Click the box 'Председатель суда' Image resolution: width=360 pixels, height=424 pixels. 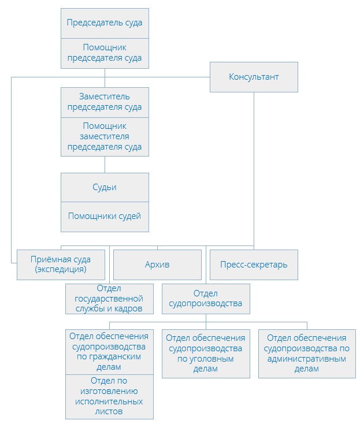click(x=105, y=23)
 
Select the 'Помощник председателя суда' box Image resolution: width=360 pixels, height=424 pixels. click(x=105, y=53)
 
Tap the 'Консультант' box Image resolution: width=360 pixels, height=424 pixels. click(x=254, y=77)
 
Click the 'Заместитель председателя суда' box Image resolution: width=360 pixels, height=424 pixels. click(x=105, y=102)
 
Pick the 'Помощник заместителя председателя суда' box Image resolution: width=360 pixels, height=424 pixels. click(x=105, y=136)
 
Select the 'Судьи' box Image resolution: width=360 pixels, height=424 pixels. click(x=105, y=187)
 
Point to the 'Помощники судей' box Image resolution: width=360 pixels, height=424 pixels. click(x=105, y=216)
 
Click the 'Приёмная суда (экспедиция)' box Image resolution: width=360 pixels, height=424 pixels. click(x=61, y=265)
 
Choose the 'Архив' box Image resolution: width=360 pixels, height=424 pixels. click(x=157, y=265)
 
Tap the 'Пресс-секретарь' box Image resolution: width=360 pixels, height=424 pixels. click(x=254, y=265)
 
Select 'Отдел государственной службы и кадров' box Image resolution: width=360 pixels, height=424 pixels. click(x=109, y=299)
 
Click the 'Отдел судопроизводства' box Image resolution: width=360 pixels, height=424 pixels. click(x=206, y=299)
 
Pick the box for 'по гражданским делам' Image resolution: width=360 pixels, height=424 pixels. click(x=109, y=351)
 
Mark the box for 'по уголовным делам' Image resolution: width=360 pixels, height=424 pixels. click(x=206, y=353)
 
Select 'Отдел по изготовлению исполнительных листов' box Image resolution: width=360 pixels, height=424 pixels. click(x=109, y=396)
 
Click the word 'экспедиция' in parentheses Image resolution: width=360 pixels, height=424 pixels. click(x=61, y=269)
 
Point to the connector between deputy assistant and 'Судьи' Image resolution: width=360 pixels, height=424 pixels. click(x=105, y=165)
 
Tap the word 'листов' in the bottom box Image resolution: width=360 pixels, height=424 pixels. click(x=109, y=411)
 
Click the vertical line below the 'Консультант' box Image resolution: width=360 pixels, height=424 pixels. click(x=254, y=168)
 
